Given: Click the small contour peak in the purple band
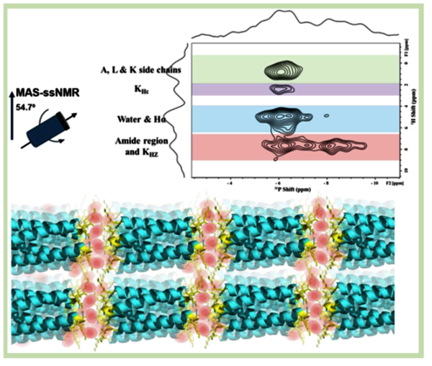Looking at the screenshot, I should [282, 89].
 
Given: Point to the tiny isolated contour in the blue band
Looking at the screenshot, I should [326, 115].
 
